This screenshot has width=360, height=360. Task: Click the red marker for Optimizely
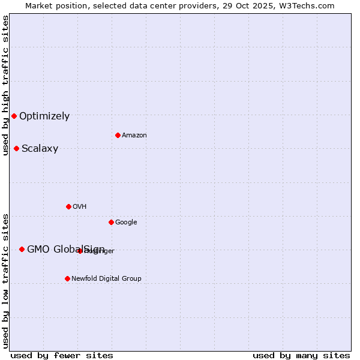[x=14, y=116]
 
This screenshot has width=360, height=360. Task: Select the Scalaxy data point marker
[x=16, y=148]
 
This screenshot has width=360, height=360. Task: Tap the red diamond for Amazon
[x=118, y=135]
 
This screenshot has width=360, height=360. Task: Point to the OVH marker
[x=68, y=206]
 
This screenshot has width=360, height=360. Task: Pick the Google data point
[x=111, y=222]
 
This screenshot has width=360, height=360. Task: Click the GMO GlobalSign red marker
[x=22, y=249]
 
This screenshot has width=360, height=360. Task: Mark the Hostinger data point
[x=80, y=251]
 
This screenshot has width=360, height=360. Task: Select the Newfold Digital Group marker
[x=67, y=278]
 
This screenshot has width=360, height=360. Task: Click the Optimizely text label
[x=44, y=116]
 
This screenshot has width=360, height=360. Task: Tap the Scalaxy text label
[x=40, y=149]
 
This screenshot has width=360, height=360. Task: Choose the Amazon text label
[x=134, y=136]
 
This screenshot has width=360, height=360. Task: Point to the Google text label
[x=126, y=223]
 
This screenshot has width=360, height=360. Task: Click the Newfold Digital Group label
[x=106, y=279]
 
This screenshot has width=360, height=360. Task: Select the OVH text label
[x=80, y=207]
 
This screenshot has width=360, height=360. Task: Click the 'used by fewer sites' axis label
[x=62, y=355]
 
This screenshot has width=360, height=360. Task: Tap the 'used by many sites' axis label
[x=301, y=355]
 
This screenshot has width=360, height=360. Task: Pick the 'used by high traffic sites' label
[x=5, y=85]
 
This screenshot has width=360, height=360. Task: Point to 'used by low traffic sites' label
[x=5, y=281]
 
